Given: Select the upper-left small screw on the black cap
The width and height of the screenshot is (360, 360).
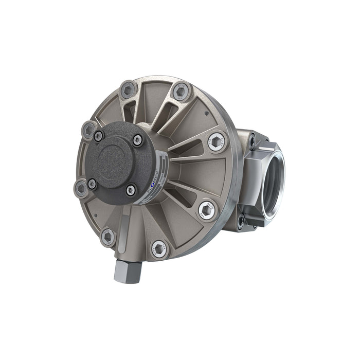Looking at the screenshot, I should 98,136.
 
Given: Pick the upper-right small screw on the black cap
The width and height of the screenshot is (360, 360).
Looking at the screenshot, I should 137,140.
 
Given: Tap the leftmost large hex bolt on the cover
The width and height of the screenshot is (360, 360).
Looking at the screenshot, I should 81,188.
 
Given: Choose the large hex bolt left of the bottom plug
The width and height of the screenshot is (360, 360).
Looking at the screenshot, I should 108,237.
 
